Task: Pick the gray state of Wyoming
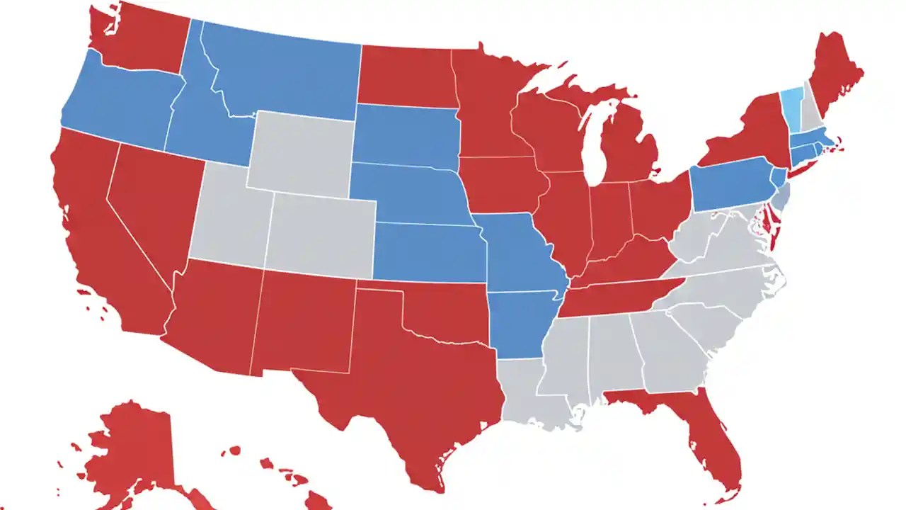[x=301, y=152]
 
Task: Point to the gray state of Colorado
[x=322, y=234]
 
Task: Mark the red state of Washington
[x=142, y=35]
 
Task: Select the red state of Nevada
[x=152, y=202]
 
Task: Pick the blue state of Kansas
[x=428, y=251]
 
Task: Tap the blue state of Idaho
[x=191, y=113]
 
